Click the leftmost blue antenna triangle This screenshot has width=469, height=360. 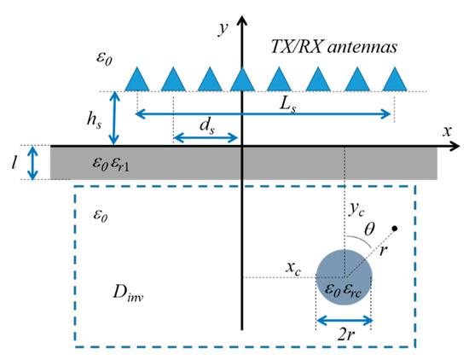[137, 78]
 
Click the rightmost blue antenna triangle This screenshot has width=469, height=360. [394, 78]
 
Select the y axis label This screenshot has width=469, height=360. [223, 29]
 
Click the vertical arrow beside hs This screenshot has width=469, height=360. [117, 117]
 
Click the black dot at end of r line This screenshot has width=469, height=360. [394, 229]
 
